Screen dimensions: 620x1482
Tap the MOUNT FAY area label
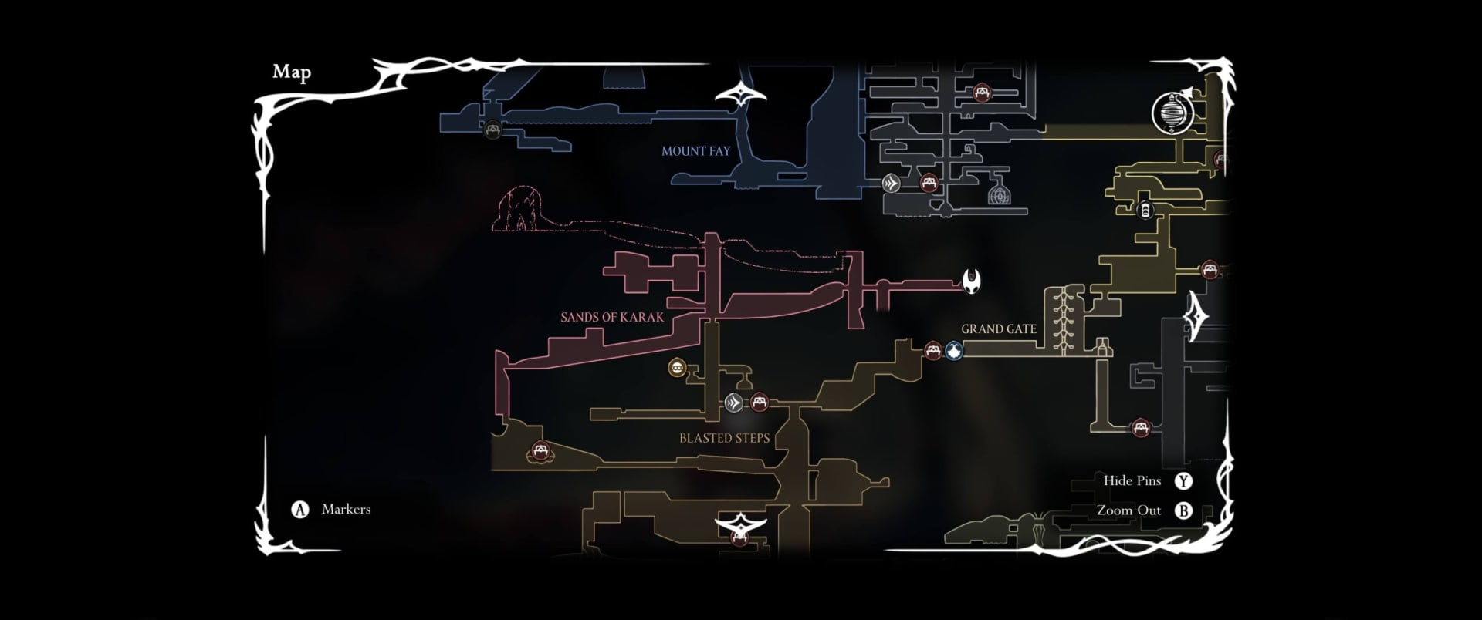(x=695, y=151)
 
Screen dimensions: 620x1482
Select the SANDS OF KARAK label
(x=612, y=317)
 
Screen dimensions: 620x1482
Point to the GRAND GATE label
(x=998, y=329)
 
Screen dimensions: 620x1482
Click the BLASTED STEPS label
(x=724, y=438)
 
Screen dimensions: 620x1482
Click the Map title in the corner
(x=292, y=72)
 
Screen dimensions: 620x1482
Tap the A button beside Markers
(x=299, y=510)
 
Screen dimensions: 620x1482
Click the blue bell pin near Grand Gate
(x=955, y=351)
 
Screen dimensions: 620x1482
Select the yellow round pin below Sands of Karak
(x=677, y=368)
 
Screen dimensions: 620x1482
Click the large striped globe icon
(x=1172, y=113)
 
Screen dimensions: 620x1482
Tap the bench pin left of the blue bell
(x=933, y=351)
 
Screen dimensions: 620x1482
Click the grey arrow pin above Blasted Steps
(x=734, y=402)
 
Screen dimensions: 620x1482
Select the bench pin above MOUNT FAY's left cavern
(x=492, y=128)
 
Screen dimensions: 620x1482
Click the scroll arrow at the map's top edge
(x=740, y=95)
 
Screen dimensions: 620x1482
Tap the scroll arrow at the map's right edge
(x=1197, y=316)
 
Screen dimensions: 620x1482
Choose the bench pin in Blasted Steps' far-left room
(x=540, y=450)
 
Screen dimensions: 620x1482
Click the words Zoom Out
(x=1128, y=510)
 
